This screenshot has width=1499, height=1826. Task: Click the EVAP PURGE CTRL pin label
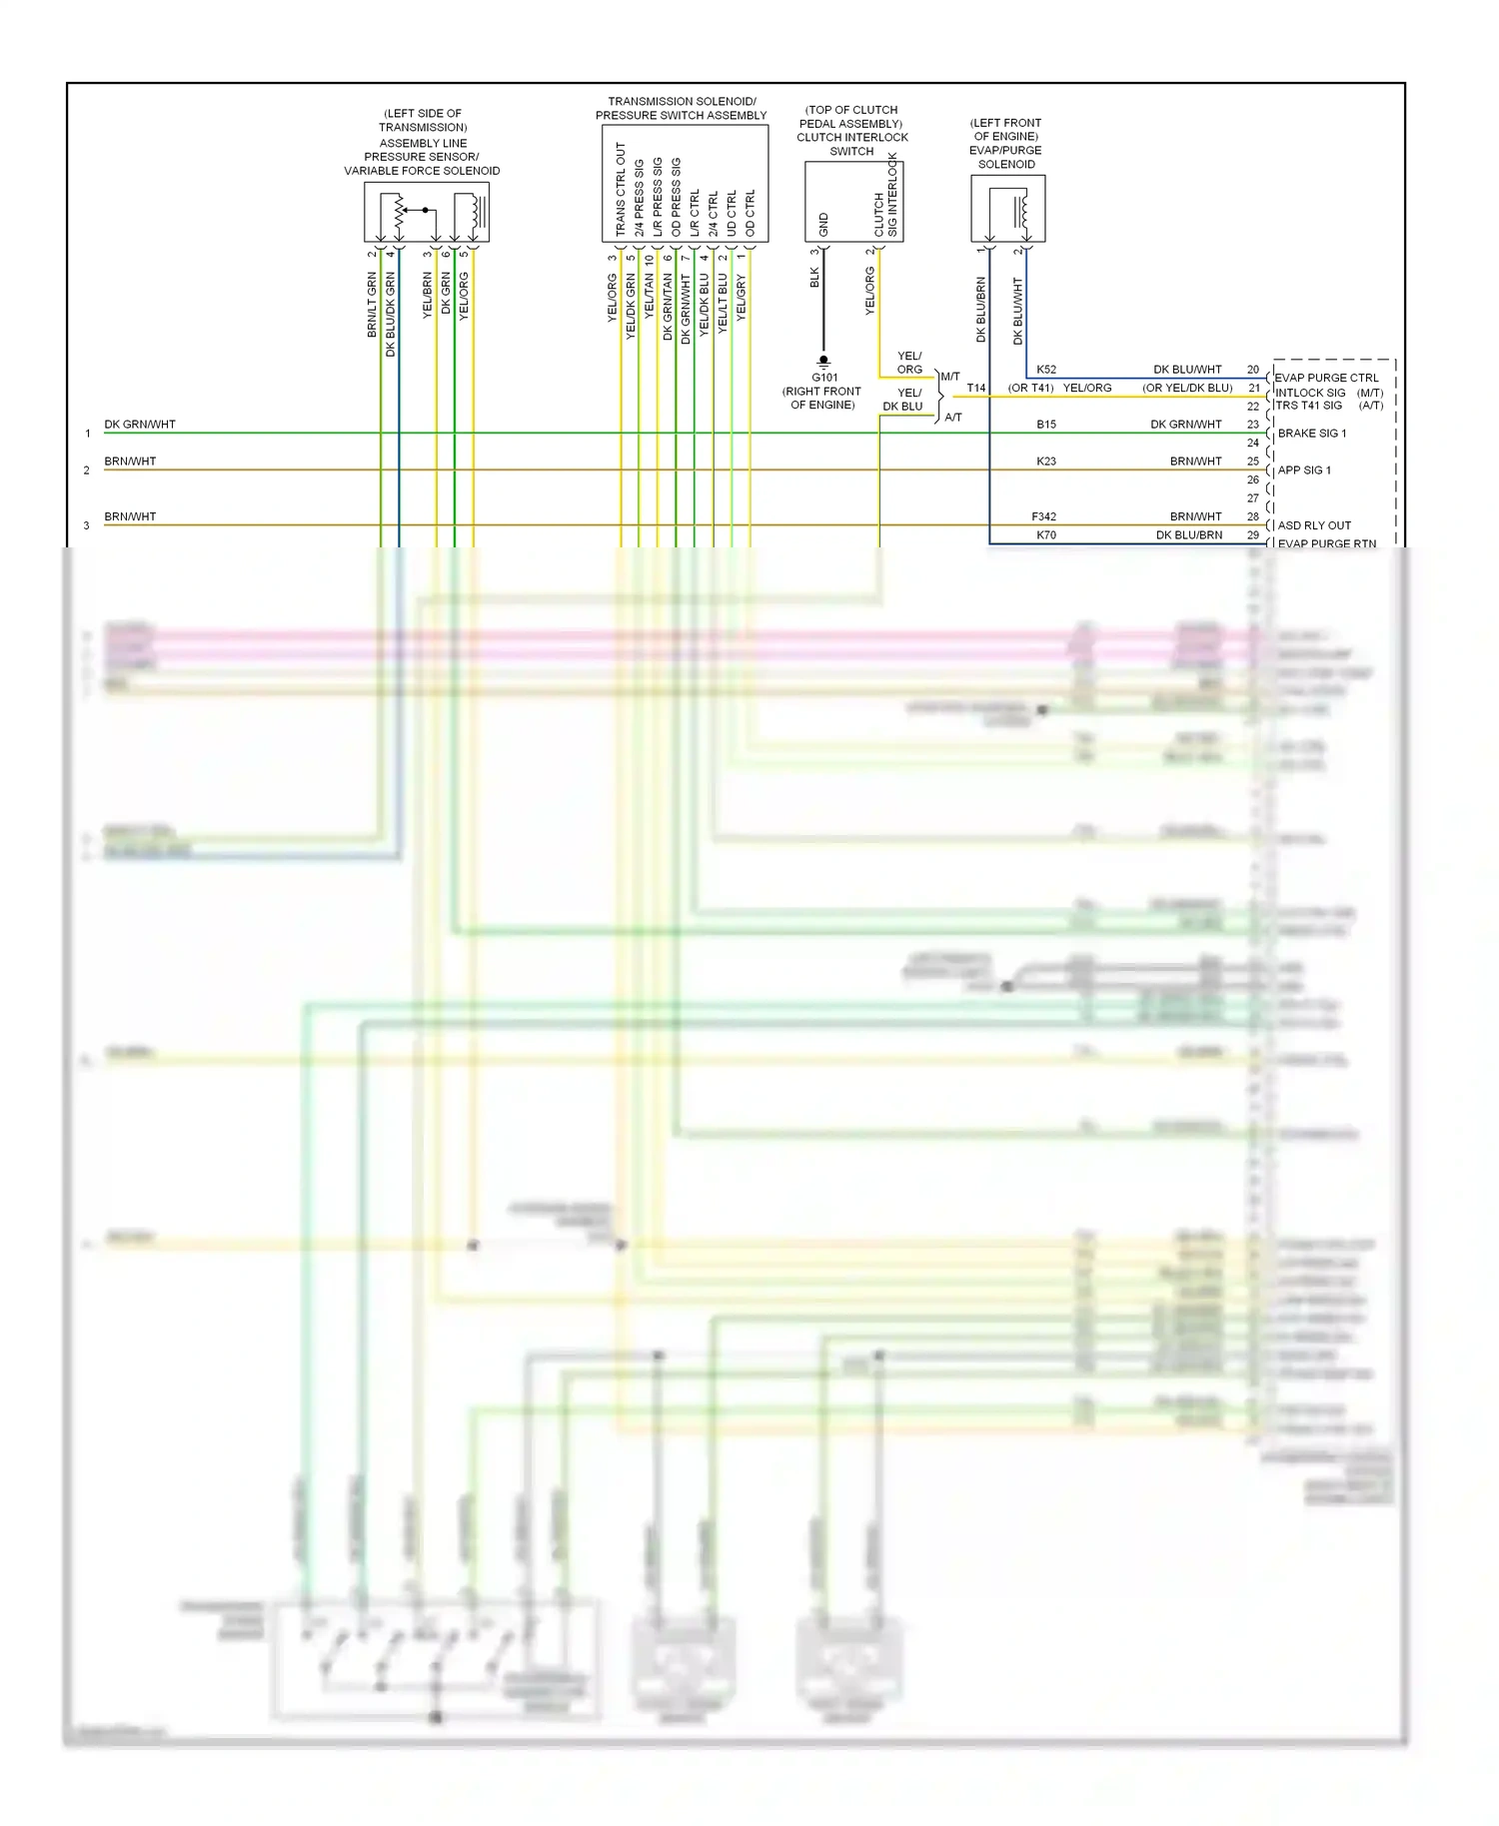click(1326, 378)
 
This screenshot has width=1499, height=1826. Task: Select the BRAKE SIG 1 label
click(1311, 434)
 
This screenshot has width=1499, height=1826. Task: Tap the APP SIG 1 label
click(1304, 470)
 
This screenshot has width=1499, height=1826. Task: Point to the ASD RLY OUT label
click(1314, 525)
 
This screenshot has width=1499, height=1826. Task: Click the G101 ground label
click(824, 378)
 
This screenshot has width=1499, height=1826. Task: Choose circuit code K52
click(1046, 370)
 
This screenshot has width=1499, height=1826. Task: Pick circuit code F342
click(1043, 516)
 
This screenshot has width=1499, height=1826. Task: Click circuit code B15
click(1046, 425)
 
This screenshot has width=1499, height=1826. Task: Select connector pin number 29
click(1253, 535)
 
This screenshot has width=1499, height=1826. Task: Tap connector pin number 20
click(1253, 370)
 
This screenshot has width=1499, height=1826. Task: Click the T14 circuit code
click(976, 389)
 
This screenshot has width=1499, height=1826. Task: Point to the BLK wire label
click(814, 277)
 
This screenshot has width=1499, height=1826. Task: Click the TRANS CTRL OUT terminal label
click(621, 189)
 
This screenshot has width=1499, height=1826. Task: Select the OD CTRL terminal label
click(750, 213)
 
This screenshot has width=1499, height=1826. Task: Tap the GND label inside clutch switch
click(824, 224)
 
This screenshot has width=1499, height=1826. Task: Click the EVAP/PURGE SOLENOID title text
click(1006, 157)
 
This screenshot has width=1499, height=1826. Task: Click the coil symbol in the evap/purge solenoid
click(1020, 211)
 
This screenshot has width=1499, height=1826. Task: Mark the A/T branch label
click(953, 418)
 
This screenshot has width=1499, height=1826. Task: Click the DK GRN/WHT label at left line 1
click(140, 425)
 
